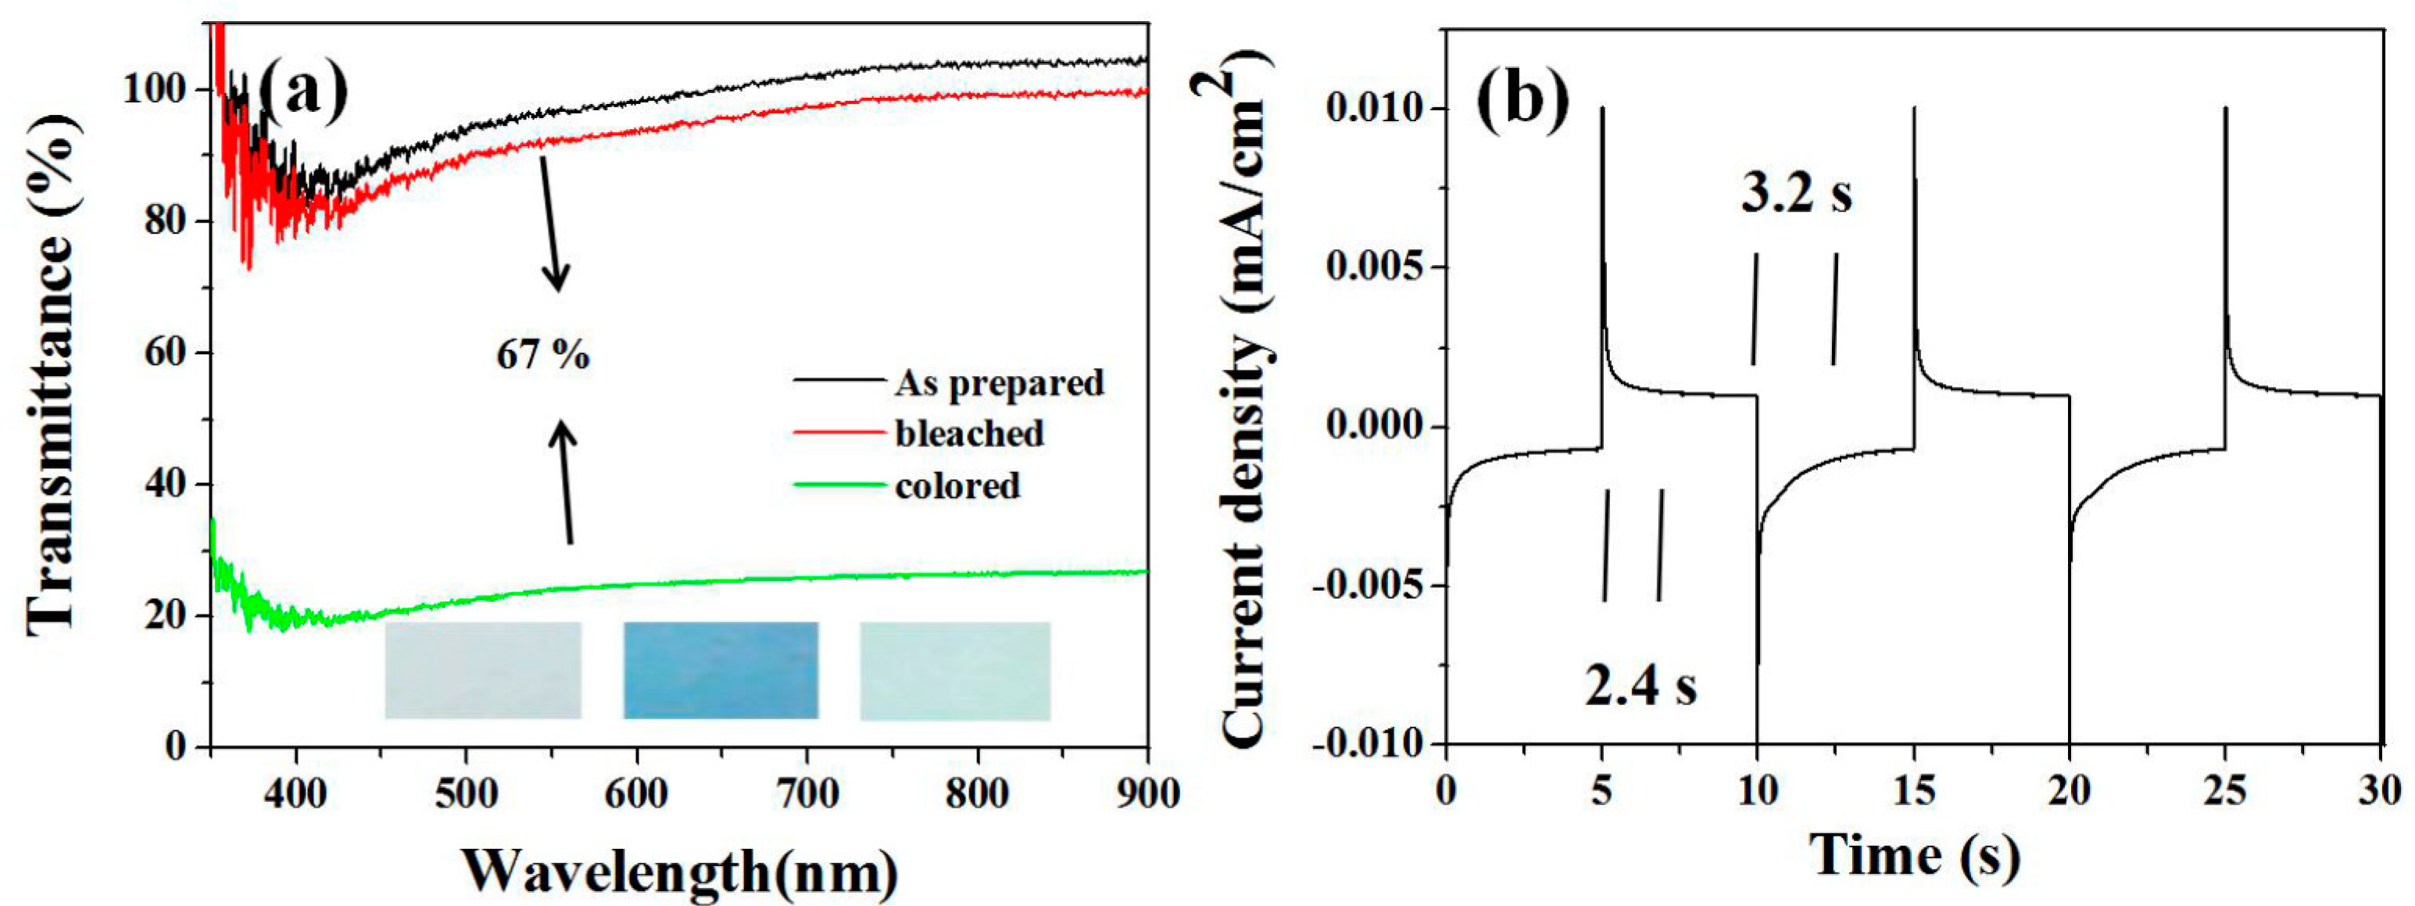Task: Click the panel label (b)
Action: pyautogui.click(x=1523, y=98)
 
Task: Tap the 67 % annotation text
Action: pyautogui.click(x=543, y=356)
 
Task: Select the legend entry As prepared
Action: pyautogui.click(x=999, y=383)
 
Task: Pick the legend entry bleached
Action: pyautogui.click(x=968, y=433)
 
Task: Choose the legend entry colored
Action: pyautogui.click(x=957, y=485)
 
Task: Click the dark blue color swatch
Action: pyautogui.click(x=721, y=670)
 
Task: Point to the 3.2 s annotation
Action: pyautogui.click(x=1796, y=194)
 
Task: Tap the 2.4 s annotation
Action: pyautogui.click(x=1640, y=686)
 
